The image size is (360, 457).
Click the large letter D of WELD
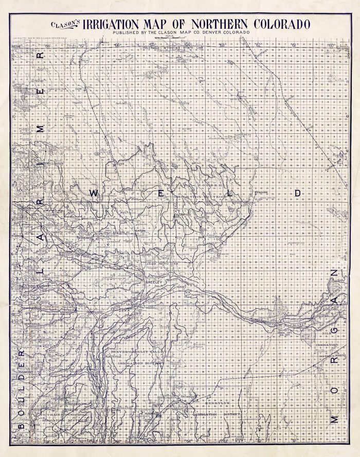pyautogui.click(x=297, y=192)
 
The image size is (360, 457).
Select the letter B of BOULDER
pyautogui.click(x=21, y=425)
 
